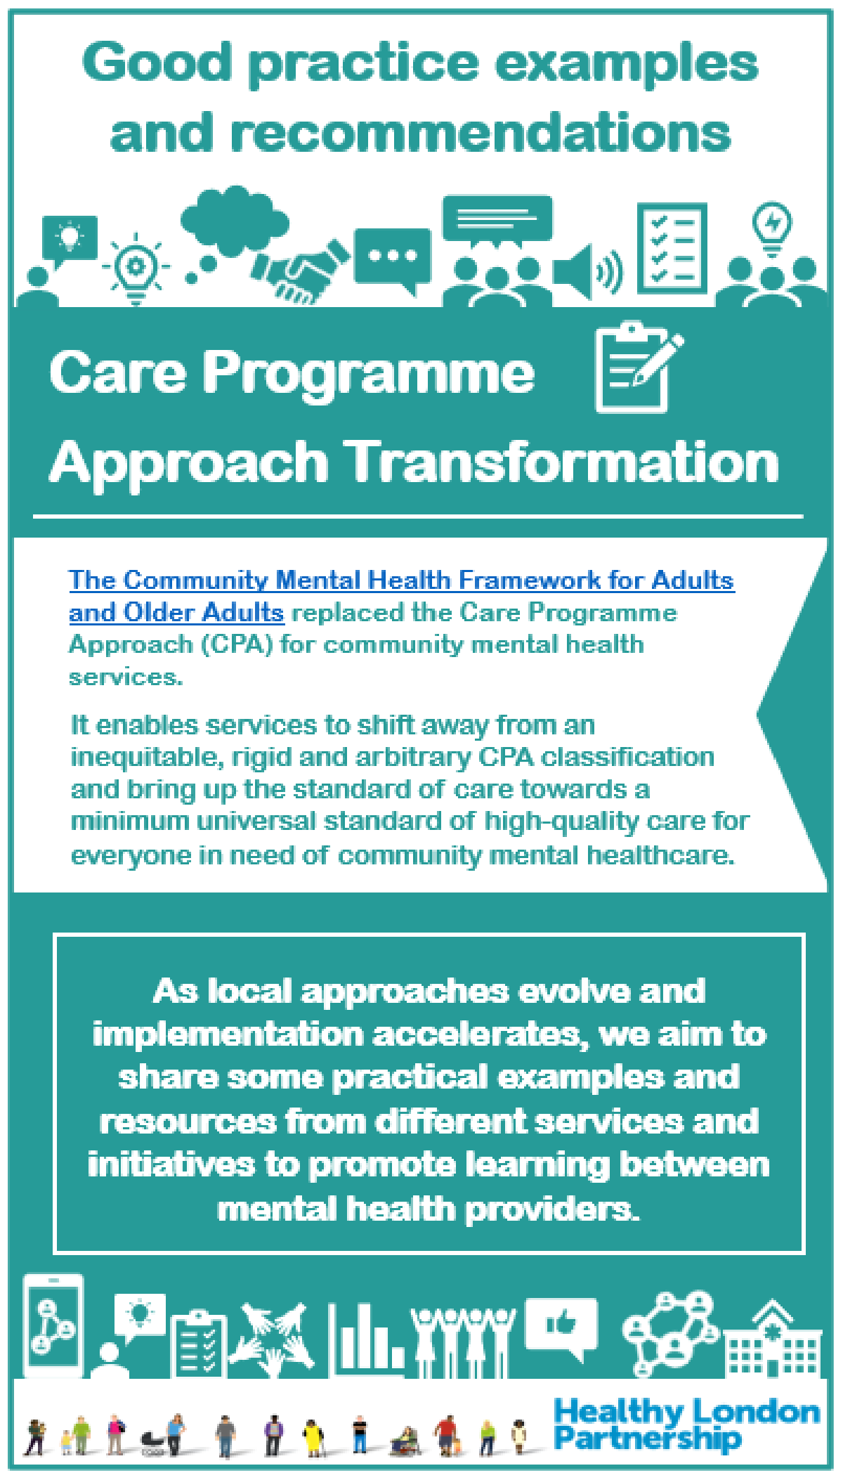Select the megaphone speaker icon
[x=587, y=271]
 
